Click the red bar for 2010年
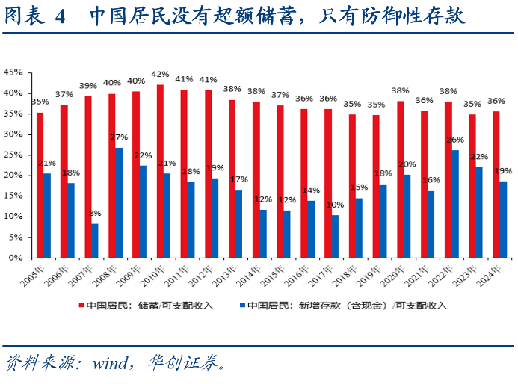pos(160,171)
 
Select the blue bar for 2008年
pos(119,202)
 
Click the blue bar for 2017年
pos(336,236)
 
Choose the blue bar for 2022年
pos(455,204)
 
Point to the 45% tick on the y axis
pos(13,72)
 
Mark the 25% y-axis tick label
pos(13,155)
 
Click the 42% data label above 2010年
pos(160,75)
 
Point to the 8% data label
pos(94,214)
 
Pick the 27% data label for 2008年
pos(120,137)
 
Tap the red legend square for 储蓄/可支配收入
pos(81,305)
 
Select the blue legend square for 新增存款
pos(242,305)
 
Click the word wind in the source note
pos(110,365)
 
